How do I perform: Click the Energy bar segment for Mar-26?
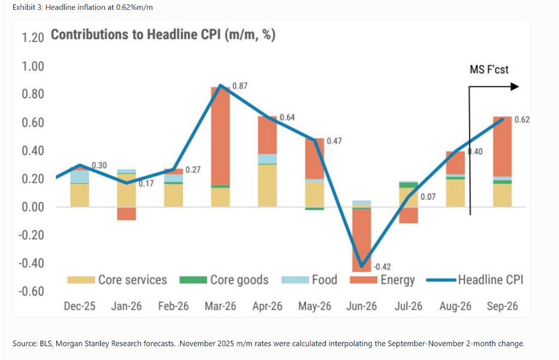pyautogui.click(x=221, y=136)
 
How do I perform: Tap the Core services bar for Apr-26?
pyautogui.click(x=267, y=185)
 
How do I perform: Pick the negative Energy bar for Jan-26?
pyautogui.click(x=127, y=214)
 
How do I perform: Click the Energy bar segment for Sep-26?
pyautogui.click(x=502, y=146)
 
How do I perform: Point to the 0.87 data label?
pyautogui.click(x=240, y=86)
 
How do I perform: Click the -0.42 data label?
pyautogui.click(x=382, y=267)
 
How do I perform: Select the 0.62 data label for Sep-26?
pyautogui.click(x=522, y=119)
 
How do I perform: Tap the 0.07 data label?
pyautogui.click(x=428, y=197)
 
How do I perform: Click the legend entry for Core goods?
pyautogui.click(x=224, y=280)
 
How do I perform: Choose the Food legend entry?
pyautogui.click(x=309, y=280)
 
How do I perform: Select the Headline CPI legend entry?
pyautogui.click(x=475, y=280)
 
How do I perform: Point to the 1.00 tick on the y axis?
pyautogui.click(x=33, y=66)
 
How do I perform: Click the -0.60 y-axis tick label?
pyautogui.click(x=31, y=291)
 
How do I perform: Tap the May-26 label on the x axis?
pyautogui.click(x=314, y=306)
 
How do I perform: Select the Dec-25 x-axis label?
pyautogui.click(x=80, y=306)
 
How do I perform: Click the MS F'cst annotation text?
pyautogui.click(x=489, y=69)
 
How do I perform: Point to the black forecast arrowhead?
pyautogui.click(x=515, y=87)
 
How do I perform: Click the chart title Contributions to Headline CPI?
pyautogui.click(x=163, y=35)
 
